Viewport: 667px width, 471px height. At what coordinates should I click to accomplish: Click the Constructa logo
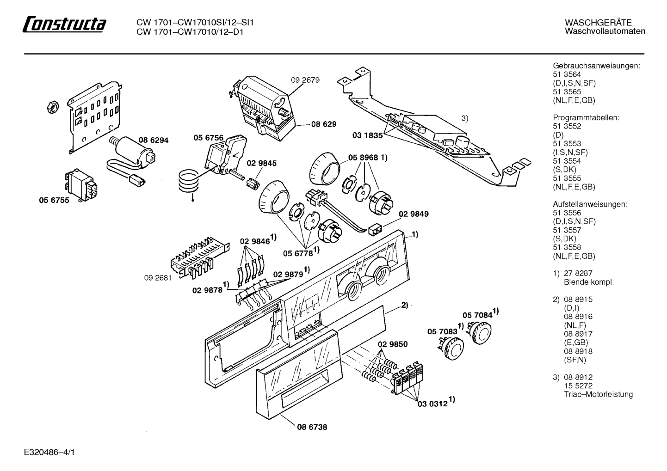click(64, 24)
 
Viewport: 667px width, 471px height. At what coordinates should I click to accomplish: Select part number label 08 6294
click(154, 140)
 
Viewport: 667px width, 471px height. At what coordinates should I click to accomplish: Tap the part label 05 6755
click(54, 200)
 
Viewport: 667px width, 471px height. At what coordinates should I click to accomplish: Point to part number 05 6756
click(209, 138)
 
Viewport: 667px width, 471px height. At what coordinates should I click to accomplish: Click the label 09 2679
click(305, 80)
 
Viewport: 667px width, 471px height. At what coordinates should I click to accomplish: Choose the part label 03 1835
click(367, 135)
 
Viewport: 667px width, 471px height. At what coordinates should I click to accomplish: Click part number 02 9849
click(414, 214)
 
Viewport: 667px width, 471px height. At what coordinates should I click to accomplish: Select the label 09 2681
click(158, 278)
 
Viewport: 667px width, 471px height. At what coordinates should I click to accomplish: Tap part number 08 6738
click(312, 427)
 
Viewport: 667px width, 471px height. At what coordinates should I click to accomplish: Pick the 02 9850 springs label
click(393, 344)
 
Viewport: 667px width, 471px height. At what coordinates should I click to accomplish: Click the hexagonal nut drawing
click(53, 106)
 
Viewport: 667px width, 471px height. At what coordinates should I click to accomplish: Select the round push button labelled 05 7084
click(480, 331)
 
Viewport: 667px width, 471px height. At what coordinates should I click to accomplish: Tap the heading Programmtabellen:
click(586, 117)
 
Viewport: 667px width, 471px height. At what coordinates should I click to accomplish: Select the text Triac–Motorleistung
click(598, 394)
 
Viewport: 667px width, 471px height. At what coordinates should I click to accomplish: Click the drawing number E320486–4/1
click(49, 452)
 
